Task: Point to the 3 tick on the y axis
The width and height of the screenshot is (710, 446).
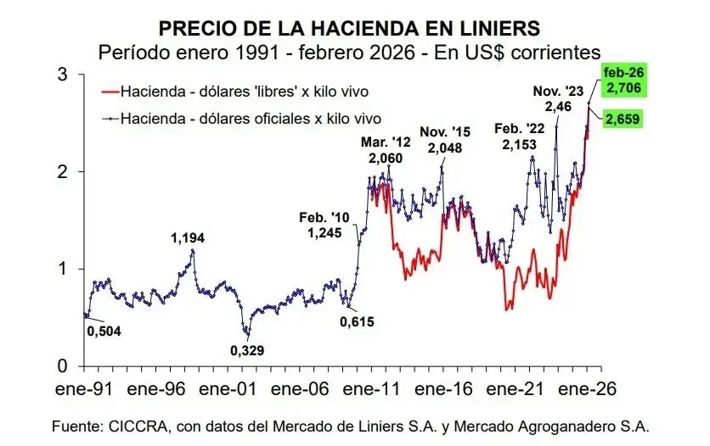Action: coord(62,75)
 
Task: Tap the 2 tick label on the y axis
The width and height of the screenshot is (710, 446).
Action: coord(62,172)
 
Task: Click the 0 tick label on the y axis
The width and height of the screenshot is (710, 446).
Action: coord(62,366)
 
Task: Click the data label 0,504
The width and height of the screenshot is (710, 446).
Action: coord(104,331)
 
